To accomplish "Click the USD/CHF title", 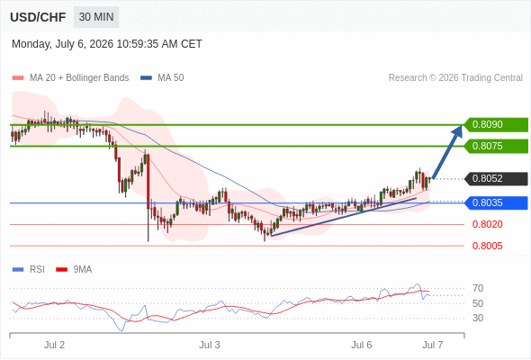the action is coord(38,17).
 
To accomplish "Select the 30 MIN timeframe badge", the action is coord(96,17).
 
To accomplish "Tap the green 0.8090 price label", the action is coord(496,124).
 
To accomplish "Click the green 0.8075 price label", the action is coord(496,147).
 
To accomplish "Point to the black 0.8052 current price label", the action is coord(496,178).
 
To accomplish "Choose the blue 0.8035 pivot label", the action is coord(496,202).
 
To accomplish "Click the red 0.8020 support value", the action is coord(487,224).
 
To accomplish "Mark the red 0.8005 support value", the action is coord(487,246).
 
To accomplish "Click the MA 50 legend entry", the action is coord(162,78).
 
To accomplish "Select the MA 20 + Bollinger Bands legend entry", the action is coord(70,78).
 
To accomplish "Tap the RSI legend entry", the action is coord(29,270).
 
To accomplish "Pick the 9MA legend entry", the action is coord(74,270).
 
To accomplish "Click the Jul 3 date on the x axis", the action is coord(210,345).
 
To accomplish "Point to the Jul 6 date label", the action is coord(361,345).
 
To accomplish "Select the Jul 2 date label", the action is coord(54,345).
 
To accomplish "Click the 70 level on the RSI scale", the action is coord(478,289).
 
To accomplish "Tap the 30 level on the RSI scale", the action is coord(478,318).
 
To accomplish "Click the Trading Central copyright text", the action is coord(455,78).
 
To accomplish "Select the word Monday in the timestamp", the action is coord(31,44).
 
